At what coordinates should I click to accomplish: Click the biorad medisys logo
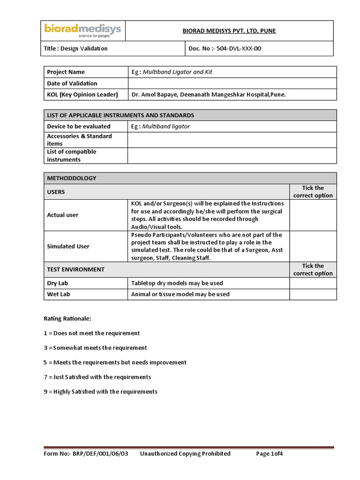point(82,30)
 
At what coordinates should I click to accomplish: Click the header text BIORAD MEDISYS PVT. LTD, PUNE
point(229,31)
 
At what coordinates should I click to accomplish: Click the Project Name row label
point(66,72)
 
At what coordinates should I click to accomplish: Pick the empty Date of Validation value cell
point(232,83)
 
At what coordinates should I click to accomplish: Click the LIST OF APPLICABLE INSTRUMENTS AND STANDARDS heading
point(120,115)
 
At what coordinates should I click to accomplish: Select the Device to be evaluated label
point(79,127)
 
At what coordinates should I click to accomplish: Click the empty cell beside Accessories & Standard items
point(232,140)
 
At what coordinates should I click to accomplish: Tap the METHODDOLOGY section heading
point(71,178)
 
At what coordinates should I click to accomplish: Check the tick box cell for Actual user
point(313,215)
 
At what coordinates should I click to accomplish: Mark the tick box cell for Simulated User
point(313,246)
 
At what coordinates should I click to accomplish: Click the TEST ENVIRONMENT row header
point(76,270)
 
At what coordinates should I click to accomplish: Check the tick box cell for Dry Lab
point(313,283)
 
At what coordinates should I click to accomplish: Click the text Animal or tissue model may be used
point(180,294)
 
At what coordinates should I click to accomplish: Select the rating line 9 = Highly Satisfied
point(100,392)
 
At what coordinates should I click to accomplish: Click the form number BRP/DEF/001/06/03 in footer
point(86,454)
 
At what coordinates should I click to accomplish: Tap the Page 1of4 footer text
point(270,454)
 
